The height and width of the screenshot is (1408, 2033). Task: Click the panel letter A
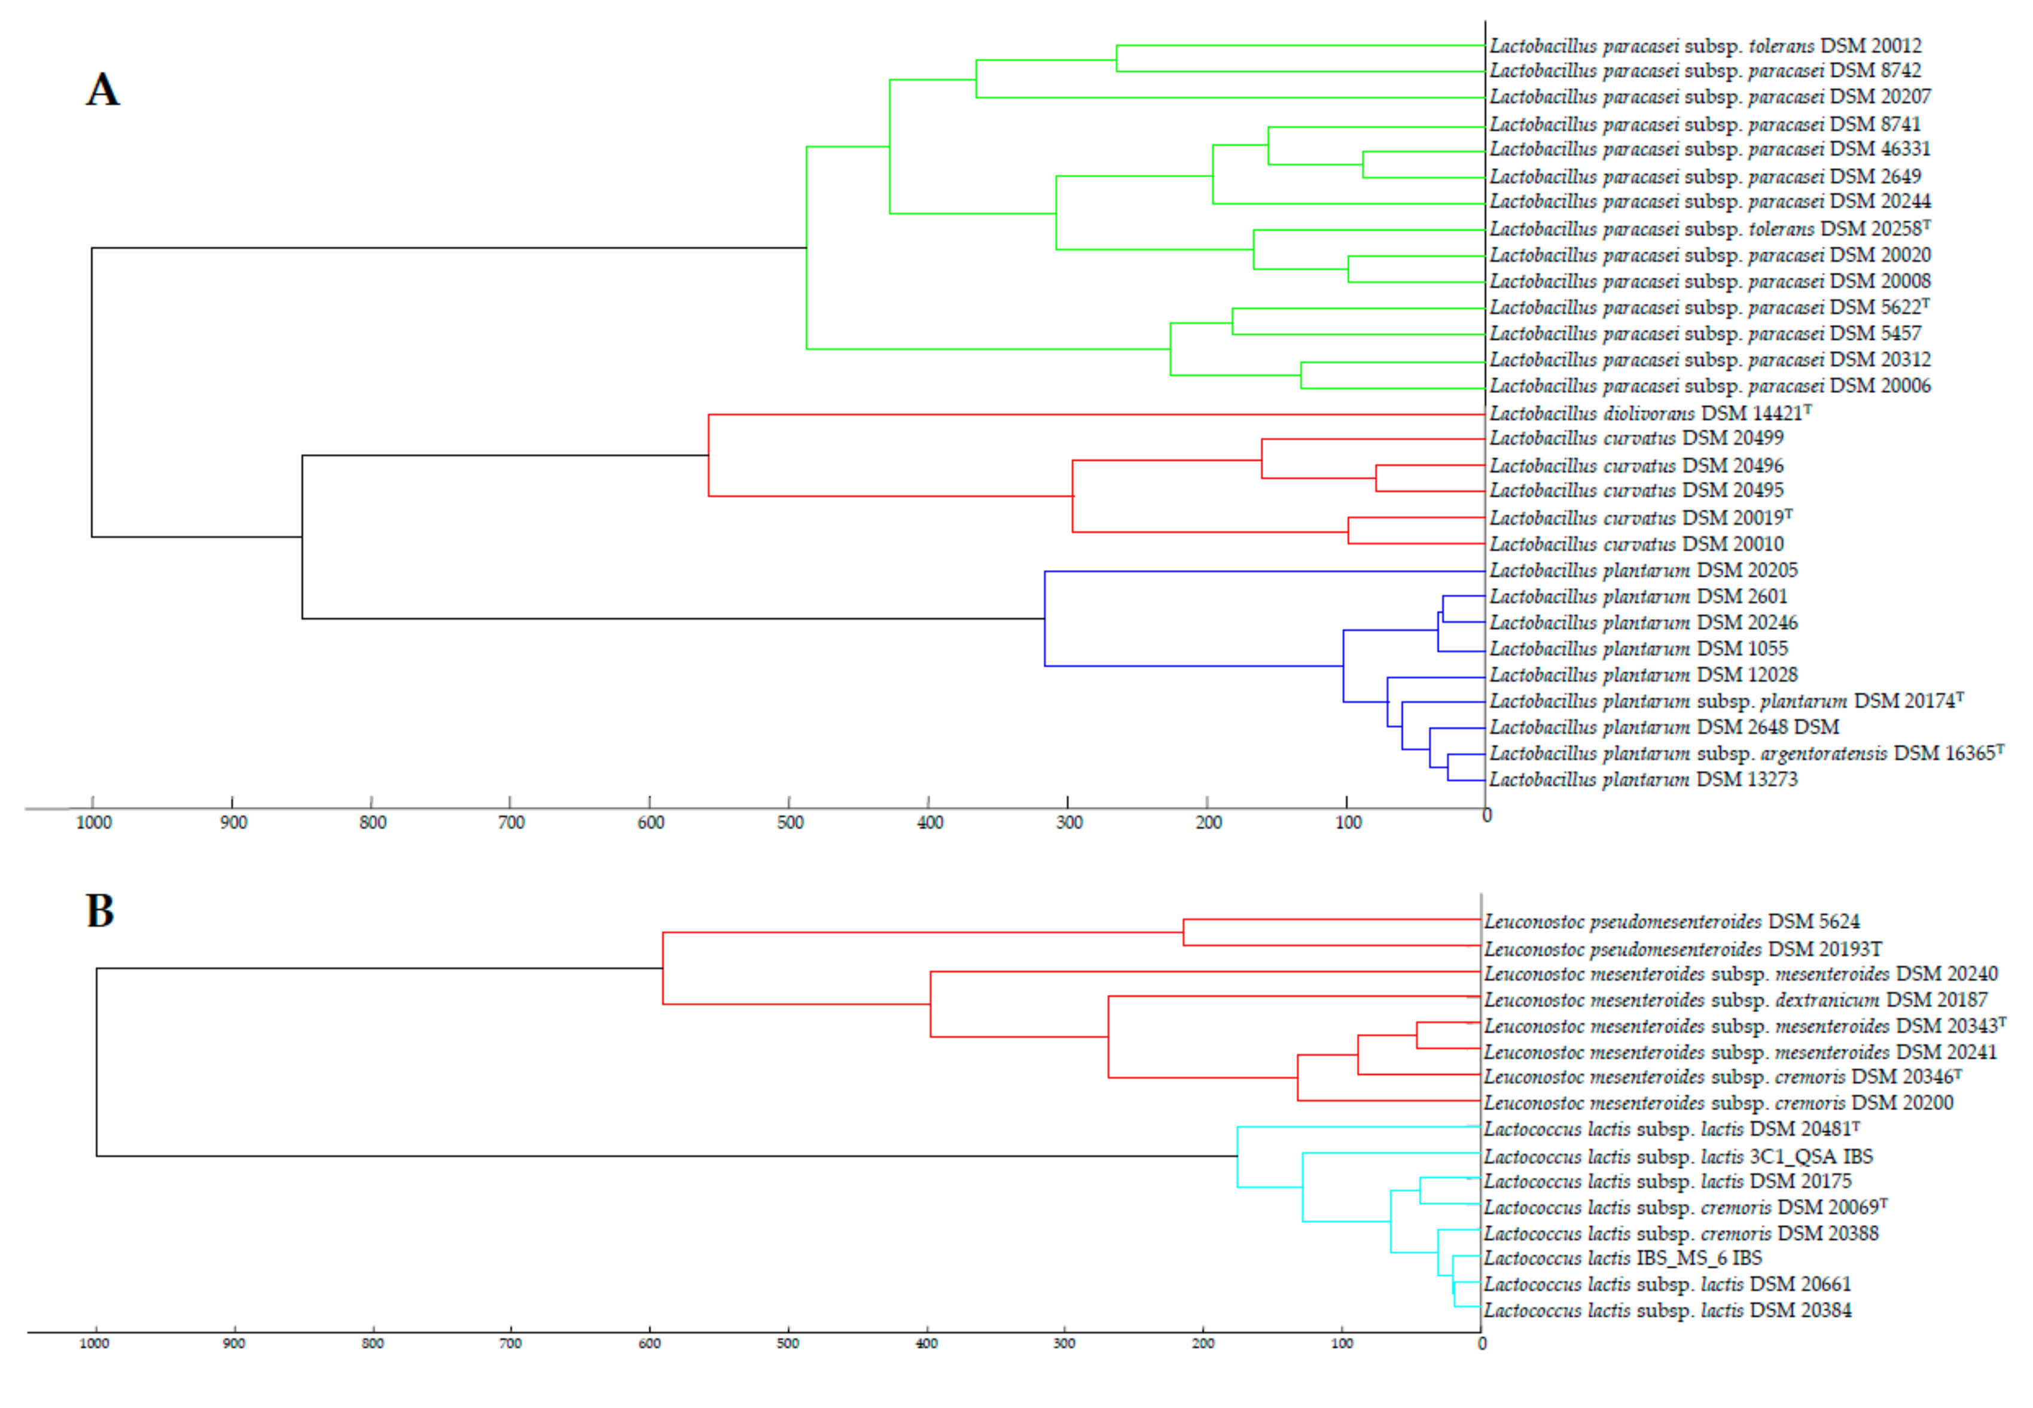pyautogui.click(x=102, y=90)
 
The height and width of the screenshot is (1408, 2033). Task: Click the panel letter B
pyautogui.click(x=100, y=912)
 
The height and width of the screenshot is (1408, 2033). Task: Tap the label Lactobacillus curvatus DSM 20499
pyautogui.click(x=1636, y=438)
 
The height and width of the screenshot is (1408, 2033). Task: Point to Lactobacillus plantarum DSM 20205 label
pyautogui.click(x=1643, y=571)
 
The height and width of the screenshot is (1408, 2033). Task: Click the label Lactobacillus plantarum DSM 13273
pyautogui.click(x=1643, y=780)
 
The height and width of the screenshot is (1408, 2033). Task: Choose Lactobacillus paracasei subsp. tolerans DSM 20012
pyautogui.click(x=1705, y=46)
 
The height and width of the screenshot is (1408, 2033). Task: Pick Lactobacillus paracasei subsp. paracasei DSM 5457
pyautogui.click(x=1705, y=334)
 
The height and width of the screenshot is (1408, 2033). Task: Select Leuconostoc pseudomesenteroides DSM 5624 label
pyautogui.click(x=1671, y=922)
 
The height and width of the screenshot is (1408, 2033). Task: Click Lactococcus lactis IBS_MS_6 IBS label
pyautogui.click(x=1623, y=1259)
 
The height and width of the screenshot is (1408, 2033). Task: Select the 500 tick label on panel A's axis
pyautogui.click(x=790, y=823)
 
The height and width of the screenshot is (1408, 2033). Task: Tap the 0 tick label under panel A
pyautogui.click(x=1487, y=816)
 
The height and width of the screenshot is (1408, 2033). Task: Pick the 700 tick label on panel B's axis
pyautogui.click(x=511, y=1343)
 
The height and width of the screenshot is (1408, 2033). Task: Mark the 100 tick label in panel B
pyautogui.click(x=1342, y=1343)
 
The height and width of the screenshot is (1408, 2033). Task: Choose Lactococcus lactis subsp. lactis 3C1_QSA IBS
pyautogui.click(x=1678, y=1157)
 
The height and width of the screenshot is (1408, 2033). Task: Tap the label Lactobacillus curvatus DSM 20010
pyautogui.click(x=1636, y=544)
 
